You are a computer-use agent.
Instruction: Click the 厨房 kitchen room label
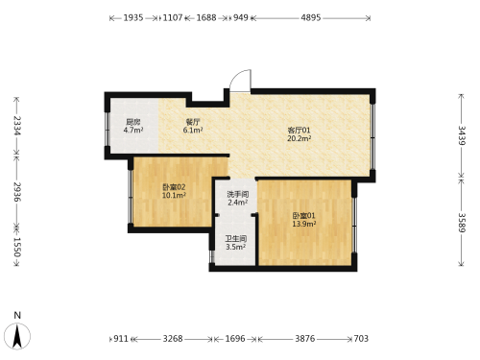tap(133, 122)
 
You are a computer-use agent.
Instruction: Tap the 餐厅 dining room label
tap(193, 122)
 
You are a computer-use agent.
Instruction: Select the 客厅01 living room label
tap(299, 131)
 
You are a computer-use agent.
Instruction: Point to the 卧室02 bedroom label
tap(174, 187)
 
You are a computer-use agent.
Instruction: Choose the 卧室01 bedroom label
tap(303, 216)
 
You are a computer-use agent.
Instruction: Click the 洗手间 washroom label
tap(238, 194)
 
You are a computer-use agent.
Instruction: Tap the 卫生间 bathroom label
tap(236, 239)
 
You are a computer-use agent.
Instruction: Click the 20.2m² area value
tap(300, 138)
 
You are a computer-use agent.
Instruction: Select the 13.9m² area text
tap(304, 224)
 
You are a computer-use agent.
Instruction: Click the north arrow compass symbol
tap(17, 336)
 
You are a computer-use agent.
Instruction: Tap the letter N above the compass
tap(17, 315)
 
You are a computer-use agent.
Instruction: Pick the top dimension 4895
tap(311, 17)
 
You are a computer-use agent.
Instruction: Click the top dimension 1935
tap(133, 17)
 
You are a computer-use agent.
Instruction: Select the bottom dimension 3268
tap(173, 339)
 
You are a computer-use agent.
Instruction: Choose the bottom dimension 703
tap(361, 339)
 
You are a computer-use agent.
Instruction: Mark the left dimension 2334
tap(17, 126)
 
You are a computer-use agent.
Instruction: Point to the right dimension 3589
tap(462, 223)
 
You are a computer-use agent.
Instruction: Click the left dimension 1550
tap(17, 248)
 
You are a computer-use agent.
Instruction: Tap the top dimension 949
tap(241, 17)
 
